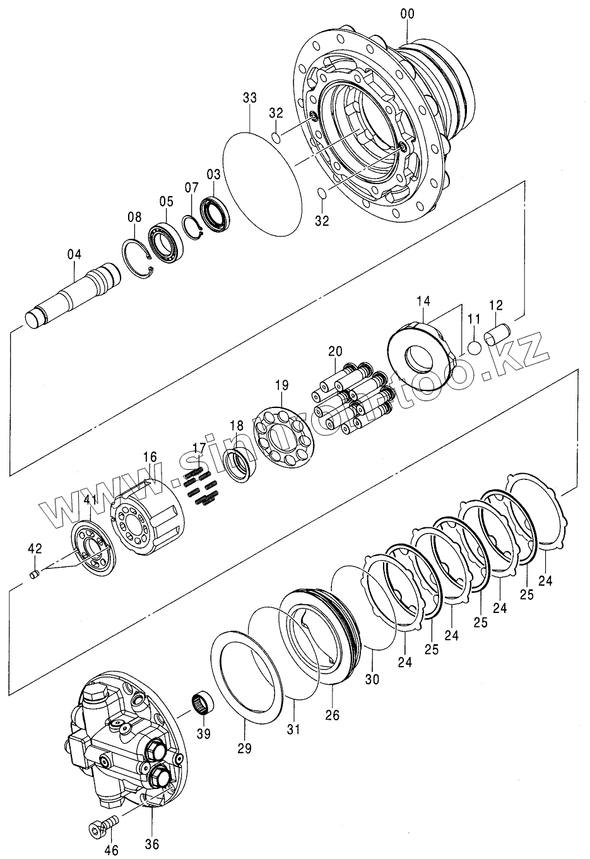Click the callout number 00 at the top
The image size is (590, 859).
click(406, 12)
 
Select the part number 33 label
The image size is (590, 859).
click(250, 98)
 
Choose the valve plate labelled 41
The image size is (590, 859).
click(95, 546)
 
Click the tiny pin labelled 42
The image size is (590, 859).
click(35, 573)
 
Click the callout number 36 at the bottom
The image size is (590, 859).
click(152, 844)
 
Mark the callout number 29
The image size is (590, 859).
click(244, 748)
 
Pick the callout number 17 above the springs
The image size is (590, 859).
click(199, 448)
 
